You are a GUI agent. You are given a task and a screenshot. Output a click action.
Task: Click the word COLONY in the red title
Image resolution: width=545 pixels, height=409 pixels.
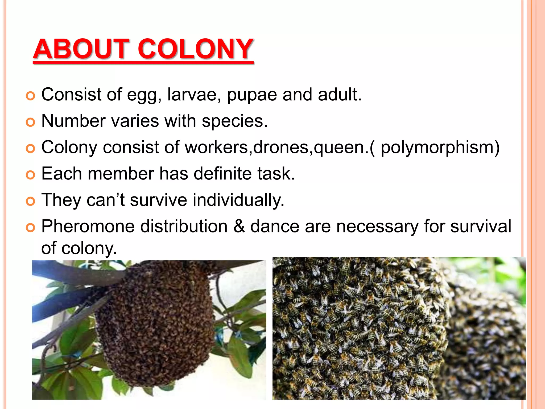coord(195,49)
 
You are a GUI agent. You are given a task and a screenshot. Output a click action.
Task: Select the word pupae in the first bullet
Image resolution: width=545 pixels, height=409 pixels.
coord(252,95)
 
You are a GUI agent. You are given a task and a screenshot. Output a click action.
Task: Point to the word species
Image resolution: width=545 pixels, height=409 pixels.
coord(234,121)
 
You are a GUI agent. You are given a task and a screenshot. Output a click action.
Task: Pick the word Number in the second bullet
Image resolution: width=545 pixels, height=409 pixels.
coord(73,121)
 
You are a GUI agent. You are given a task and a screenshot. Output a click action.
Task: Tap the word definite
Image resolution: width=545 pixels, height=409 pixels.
coord(222,174)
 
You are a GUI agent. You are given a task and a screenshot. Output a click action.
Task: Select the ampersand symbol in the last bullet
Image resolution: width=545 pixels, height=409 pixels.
coord(239,226)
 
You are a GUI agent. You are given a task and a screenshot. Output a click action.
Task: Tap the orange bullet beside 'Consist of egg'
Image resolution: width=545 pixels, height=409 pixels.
coord(31,96)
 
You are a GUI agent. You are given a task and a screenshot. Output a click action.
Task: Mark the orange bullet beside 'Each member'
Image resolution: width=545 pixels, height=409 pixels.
coord(31,175)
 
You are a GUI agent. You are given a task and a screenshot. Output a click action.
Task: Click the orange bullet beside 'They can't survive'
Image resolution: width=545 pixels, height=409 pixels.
coord(31,202)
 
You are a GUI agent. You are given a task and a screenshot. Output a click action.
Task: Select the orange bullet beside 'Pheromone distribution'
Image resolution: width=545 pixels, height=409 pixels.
coord(31,228)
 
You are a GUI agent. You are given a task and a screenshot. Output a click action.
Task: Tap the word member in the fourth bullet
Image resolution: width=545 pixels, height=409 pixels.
coord(121,174)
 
